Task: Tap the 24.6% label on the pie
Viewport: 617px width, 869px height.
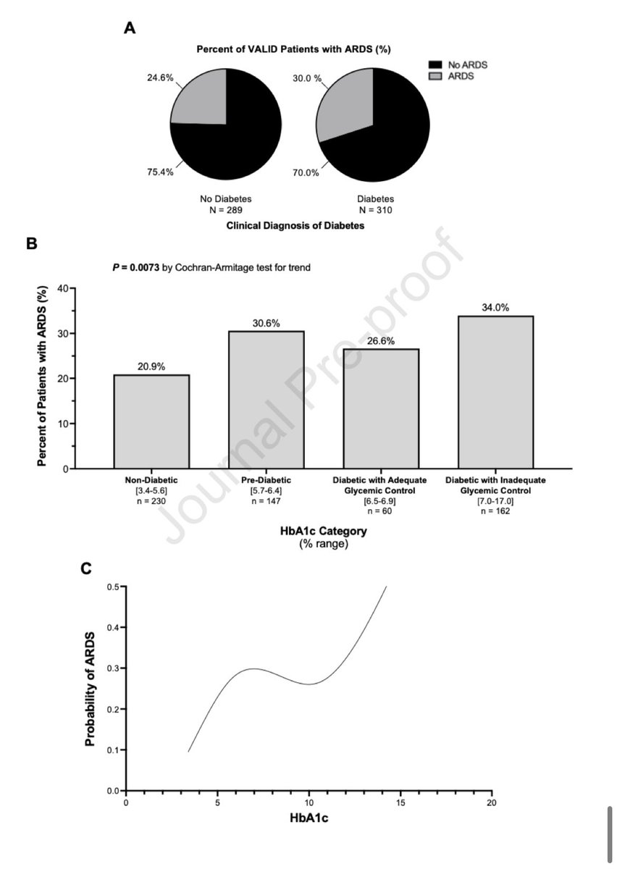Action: tap(159, 78)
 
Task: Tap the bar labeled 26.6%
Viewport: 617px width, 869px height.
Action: tap(380, 409)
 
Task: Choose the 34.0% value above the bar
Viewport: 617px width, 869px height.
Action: tap(495, 307)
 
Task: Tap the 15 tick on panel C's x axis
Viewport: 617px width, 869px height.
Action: tap(400, 802)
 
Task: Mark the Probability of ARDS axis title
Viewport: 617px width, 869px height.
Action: tap(91, 687)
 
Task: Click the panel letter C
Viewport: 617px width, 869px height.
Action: tap(85, 569)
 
